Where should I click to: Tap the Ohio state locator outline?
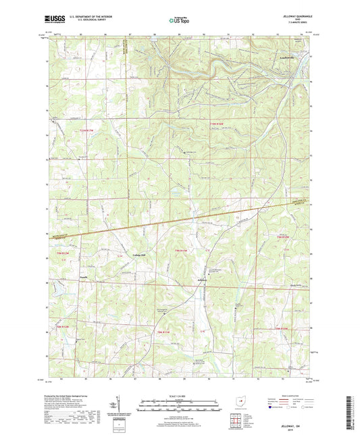(x=241, y=401)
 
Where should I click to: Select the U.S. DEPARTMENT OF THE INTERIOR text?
(x=85, y=18)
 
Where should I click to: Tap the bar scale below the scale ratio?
(x=180, y=407)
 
